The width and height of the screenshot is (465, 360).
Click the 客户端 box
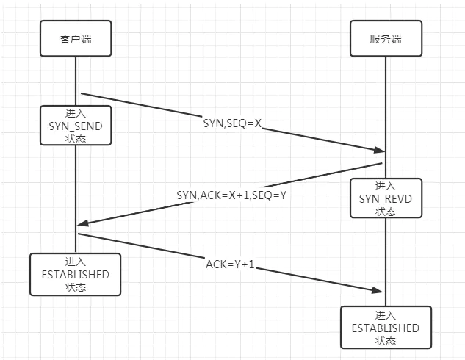[x=75, y=38]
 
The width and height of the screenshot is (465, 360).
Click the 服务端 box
[x=386, y=38]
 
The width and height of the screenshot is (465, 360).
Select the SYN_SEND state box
[x=75, y=126]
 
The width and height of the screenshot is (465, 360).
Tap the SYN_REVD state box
[x=385, y=198]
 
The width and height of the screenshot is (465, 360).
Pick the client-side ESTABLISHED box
[x=75, y=274]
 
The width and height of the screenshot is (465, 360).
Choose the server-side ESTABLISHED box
[x=385, y=328]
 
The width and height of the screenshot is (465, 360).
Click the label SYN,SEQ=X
[x=233, y=124]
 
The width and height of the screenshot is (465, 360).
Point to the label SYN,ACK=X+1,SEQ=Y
[x=230, y=195]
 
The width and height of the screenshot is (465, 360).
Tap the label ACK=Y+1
[x=230, y=264]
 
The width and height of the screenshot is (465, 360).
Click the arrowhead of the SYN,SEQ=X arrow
[x=379, y=151]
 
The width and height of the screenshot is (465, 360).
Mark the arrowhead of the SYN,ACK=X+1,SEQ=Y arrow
[x=82, y=224]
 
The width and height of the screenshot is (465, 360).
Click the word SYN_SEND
[x=75, y=126]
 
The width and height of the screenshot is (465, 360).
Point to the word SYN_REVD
[x=385, y=198]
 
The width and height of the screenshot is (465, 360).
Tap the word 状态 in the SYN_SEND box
[x=75, y=138]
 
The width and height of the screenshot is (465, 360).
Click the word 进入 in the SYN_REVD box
[x=385, y=186]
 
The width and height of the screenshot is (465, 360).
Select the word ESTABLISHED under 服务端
[x=385, y=328]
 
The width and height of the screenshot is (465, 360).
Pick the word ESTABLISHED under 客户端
[x=75, y=274]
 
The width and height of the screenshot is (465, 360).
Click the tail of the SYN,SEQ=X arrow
[x=81, y=94]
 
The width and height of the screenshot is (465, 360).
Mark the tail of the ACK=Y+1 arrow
[x=79, y=234]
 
